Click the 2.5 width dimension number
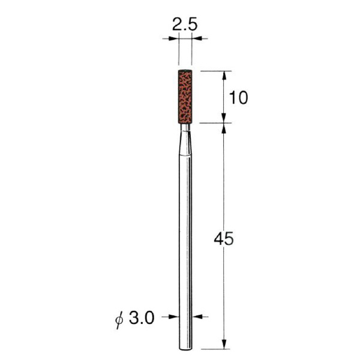pyautogui.click(x=185, y=25)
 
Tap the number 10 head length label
pyautogui.click(x=239, y=98)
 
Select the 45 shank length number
pyautogui.click(x=224, y=238)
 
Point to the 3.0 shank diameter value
pyautogui.click(x=142, y=318)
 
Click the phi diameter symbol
pyautogui.click(x=119, y=319)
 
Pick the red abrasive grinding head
pyautogui.click(x=185, y=97)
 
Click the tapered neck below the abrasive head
pyautogui.click(x=185, y=140)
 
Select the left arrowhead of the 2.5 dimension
pyautogui.click(x=173, y=38)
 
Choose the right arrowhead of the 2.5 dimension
pyautogui.click(x=197, y=38)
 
